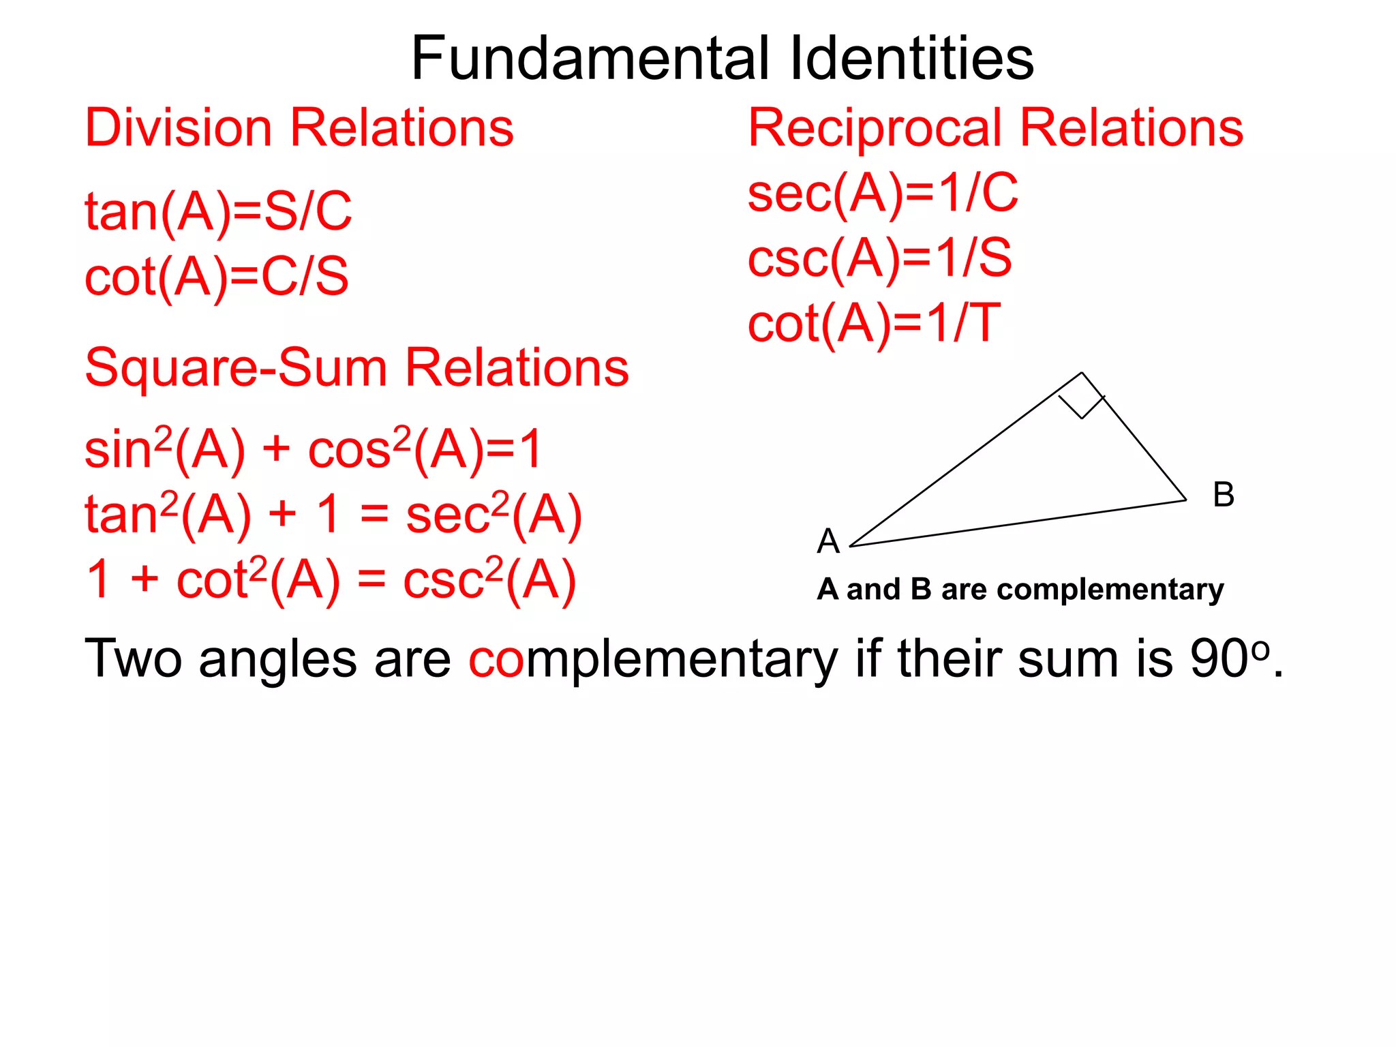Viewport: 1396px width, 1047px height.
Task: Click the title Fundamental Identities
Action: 722,59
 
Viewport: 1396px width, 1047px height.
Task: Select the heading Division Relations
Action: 299,128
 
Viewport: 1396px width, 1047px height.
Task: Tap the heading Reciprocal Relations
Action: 995,128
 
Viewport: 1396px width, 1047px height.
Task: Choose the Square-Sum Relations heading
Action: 356,368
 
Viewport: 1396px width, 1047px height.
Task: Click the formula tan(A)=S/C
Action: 218,211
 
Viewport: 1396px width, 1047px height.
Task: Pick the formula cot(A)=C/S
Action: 216,277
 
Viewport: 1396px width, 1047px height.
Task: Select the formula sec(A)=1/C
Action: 883,194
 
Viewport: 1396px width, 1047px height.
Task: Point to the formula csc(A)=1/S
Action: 879,259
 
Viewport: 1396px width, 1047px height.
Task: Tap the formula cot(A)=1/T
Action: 874,324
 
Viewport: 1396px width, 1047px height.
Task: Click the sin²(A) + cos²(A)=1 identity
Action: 313,449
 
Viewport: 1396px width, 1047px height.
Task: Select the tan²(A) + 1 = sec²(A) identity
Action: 333,515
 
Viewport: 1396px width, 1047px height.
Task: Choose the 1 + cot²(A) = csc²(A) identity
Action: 331,580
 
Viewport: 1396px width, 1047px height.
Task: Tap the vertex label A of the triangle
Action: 828,541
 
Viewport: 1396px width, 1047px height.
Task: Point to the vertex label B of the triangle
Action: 1224,495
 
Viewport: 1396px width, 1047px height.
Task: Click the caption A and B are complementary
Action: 1020,589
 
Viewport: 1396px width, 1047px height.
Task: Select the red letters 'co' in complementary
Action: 496,660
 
